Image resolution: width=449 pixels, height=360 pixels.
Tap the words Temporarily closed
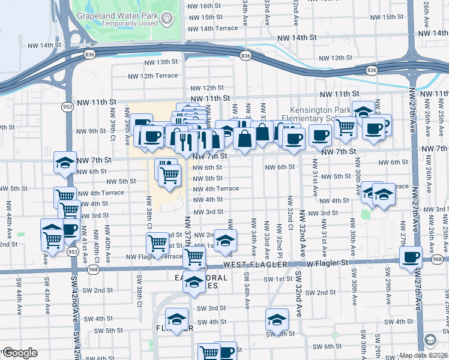(x=125, y=23)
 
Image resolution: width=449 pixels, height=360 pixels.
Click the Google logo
(x=19, y=353)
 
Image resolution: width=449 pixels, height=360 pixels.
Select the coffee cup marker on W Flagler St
(x=411, y=257)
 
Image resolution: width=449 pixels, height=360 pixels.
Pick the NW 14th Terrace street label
(x=213, y=28)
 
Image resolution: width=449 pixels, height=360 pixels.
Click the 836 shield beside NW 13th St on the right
(x=372, y=70)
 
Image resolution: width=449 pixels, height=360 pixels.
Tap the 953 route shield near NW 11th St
(x=67, y=106)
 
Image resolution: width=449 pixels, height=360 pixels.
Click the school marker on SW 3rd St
(x=176, y=319)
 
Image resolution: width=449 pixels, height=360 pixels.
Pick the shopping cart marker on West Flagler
(x=194, y=257)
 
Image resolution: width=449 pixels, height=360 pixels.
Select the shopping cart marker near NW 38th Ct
(x=157, y=243)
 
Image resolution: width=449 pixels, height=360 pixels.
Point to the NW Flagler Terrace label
(x=154, y=256)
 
